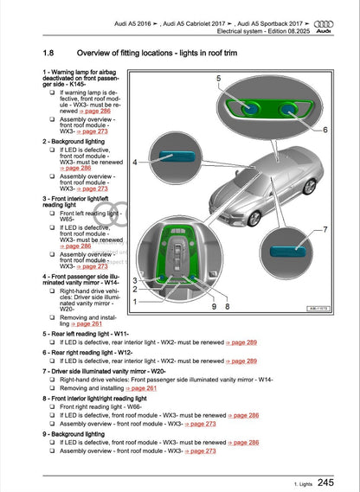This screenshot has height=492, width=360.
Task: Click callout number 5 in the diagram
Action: click(219, 80)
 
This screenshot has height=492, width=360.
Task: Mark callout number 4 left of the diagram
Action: click(134, 162)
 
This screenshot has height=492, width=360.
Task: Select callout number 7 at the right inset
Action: click(324, 230)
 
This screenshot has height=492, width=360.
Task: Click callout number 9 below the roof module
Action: click(213, 306)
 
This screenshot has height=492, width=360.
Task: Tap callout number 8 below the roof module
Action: click(227, 306)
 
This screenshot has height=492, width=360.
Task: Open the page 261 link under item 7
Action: click(145, 389)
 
